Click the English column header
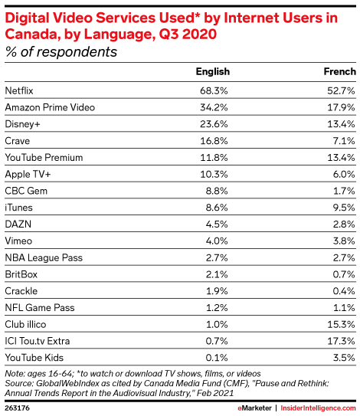pyautogui.click(x=213, y=72)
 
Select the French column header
pyautogui.click(x=340, y=72)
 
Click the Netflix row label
pyautogui.click(x=19, y=90)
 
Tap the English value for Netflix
pyautogui.click(x=214, y=90)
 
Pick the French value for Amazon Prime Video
pyautogui.click(x=341, y=107)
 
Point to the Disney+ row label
pyautogui.click(x=22, y=124)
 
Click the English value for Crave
pyautogui.click(x=214, y=141)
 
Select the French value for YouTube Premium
pyautogui.click(x=341, y=158)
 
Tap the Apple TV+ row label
pyautogui.click(x=28, y=175)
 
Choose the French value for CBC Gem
pyautogui.click(x=344, y=191)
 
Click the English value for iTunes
pyautogui.click(x=217, y=208)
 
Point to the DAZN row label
pyautogui.click(x=18, y=224)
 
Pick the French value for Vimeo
pyautogui.click(x=344, y=241)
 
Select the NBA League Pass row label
pyautogui.click(x=44, y=258)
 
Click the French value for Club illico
pyautogui.click(x=341, y=325)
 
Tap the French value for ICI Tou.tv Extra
pyautogui.click(x=341, y=341)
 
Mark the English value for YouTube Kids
pyautogui.click(x=217, y=358)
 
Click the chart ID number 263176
pyautogui.click(x=17, y=408)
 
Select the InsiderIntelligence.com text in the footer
pyautogui.click(x=319, y=408)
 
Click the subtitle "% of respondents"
pyautogui.click(x=61, y=52)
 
